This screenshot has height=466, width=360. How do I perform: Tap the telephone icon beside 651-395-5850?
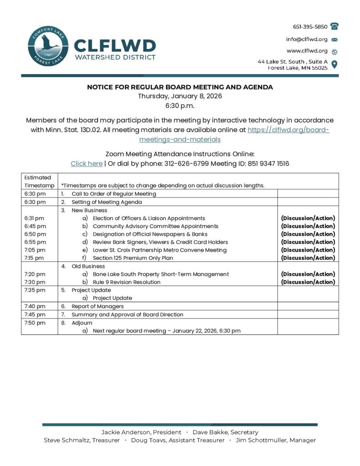tap(335, 26)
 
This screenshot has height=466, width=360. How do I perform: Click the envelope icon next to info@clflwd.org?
tap(335, 39)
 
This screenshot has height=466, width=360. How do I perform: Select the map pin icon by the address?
tap(335, 64)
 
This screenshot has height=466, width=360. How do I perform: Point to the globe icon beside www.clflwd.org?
tap(335, 51)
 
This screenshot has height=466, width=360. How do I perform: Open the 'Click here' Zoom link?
tap(86, 163)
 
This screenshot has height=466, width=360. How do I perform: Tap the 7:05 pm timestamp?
tap(35, 250)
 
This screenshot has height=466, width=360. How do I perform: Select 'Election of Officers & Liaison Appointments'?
tap(149, 218)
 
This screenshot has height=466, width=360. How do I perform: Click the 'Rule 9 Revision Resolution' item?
tap(127, 282)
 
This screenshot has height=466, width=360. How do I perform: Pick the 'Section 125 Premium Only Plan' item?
tap(133, 258)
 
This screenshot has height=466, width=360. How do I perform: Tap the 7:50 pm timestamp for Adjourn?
tap(35, 323)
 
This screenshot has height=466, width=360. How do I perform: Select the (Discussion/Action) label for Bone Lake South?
tap(308, 274)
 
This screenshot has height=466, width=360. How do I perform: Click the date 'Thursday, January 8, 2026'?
tap(180, 96)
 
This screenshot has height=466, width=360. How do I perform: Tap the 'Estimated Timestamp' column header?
tap(38, 181)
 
